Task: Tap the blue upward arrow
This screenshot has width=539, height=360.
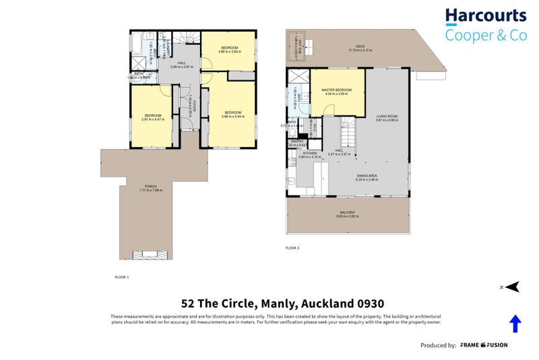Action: coord(515,324)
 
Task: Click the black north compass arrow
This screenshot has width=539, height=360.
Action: coord(512,287)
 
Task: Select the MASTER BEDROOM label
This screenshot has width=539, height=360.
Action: coord(338,90)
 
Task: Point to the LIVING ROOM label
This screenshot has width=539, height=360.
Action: coord(387,117)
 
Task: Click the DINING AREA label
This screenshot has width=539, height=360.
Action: coord(367,175)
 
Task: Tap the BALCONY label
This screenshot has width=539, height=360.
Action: coord(348,213)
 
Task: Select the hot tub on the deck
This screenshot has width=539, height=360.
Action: coord(298,46)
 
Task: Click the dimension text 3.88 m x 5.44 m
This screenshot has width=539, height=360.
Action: coord(233,116)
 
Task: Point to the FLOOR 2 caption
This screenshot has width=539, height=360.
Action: coord(292,247)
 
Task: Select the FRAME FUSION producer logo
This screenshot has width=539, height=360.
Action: coord(484,345)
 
